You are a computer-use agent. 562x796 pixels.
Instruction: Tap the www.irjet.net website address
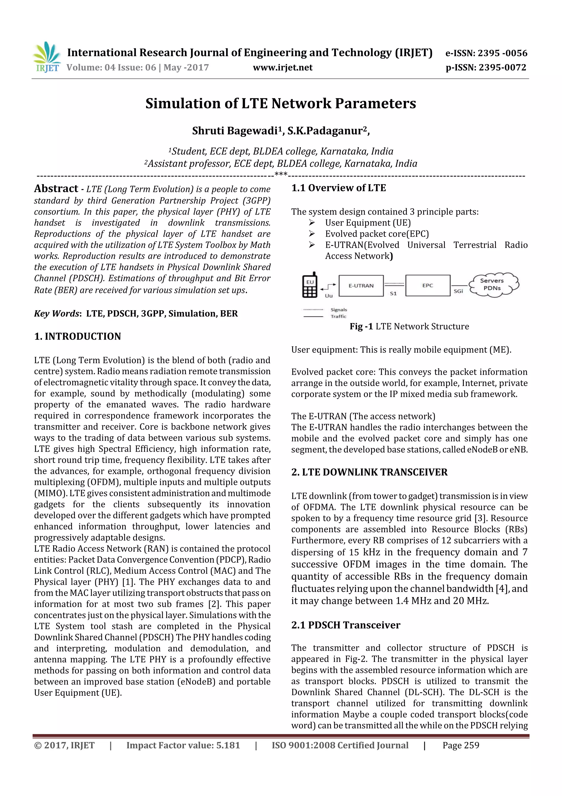[x=283, y=68]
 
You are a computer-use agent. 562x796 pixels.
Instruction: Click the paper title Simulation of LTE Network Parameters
[x=280, y=103]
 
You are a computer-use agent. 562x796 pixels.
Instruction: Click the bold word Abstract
[x=56, y=188]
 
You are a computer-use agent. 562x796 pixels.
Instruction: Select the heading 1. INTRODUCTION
[x=78, y=336]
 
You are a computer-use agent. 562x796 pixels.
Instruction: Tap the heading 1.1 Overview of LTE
[x=338, y=188]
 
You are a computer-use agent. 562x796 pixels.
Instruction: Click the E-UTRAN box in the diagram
[x=361, y=286]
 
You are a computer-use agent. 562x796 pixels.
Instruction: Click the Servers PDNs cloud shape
[x=493, y=284]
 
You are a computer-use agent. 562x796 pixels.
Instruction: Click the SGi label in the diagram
[x=458, y=291]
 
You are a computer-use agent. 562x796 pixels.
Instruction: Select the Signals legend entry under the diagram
[x=338, y=310]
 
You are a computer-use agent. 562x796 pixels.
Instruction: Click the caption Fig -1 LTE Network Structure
[x=409, y=326]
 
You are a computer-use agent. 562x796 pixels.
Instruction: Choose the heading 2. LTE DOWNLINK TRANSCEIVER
[x=369, y=472]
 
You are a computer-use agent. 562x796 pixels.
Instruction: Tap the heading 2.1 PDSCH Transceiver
[x=345, y=625]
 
